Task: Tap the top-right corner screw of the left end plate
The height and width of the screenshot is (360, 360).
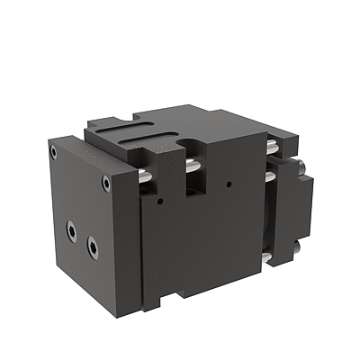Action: click(106, 183)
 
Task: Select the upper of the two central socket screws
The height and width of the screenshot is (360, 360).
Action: click(71, 230)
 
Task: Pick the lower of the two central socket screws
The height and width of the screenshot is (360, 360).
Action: click(92, 244)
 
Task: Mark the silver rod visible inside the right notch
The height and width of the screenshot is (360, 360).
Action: click(192, 167)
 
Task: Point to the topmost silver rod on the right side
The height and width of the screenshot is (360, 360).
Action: click(270, 146)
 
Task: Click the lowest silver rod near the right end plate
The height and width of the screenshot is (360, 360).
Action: click(267, 260)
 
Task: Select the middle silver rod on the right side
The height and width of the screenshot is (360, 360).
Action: click(269, 177)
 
